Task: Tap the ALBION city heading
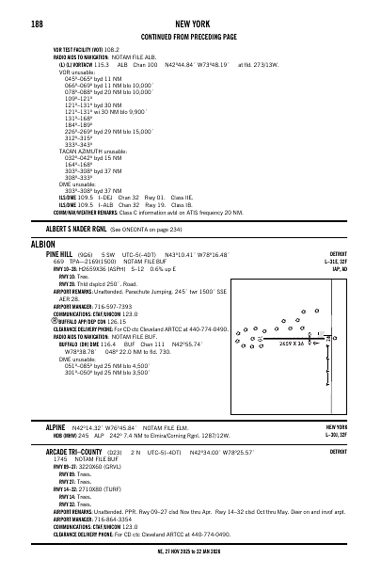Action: (42, 243)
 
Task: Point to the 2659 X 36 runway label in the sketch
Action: (266, 344)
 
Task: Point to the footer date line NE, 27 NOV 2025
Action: (191, 553)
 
